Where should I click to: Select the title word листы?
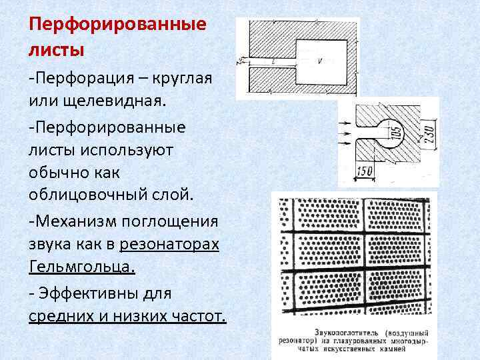[57, 49]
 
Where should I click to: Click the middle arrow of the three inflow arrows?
[348, 133]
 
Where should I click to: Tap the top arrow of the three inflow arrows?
[348, 123]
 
